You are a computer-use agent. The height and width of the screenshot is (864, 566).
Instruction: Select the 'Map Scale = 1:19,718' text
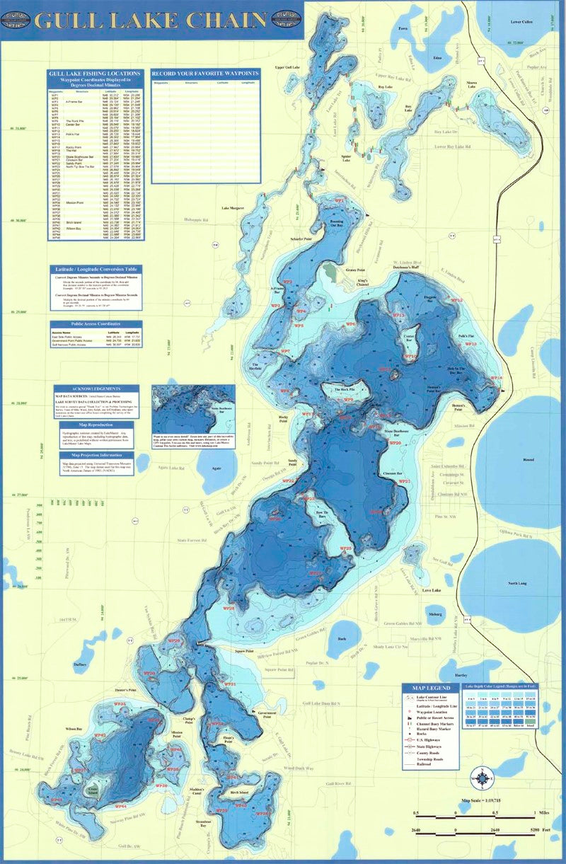[x=486, y=801]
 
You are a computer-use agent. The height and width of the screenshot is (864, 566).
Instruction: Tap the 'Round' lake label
[x=528, y=460]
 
